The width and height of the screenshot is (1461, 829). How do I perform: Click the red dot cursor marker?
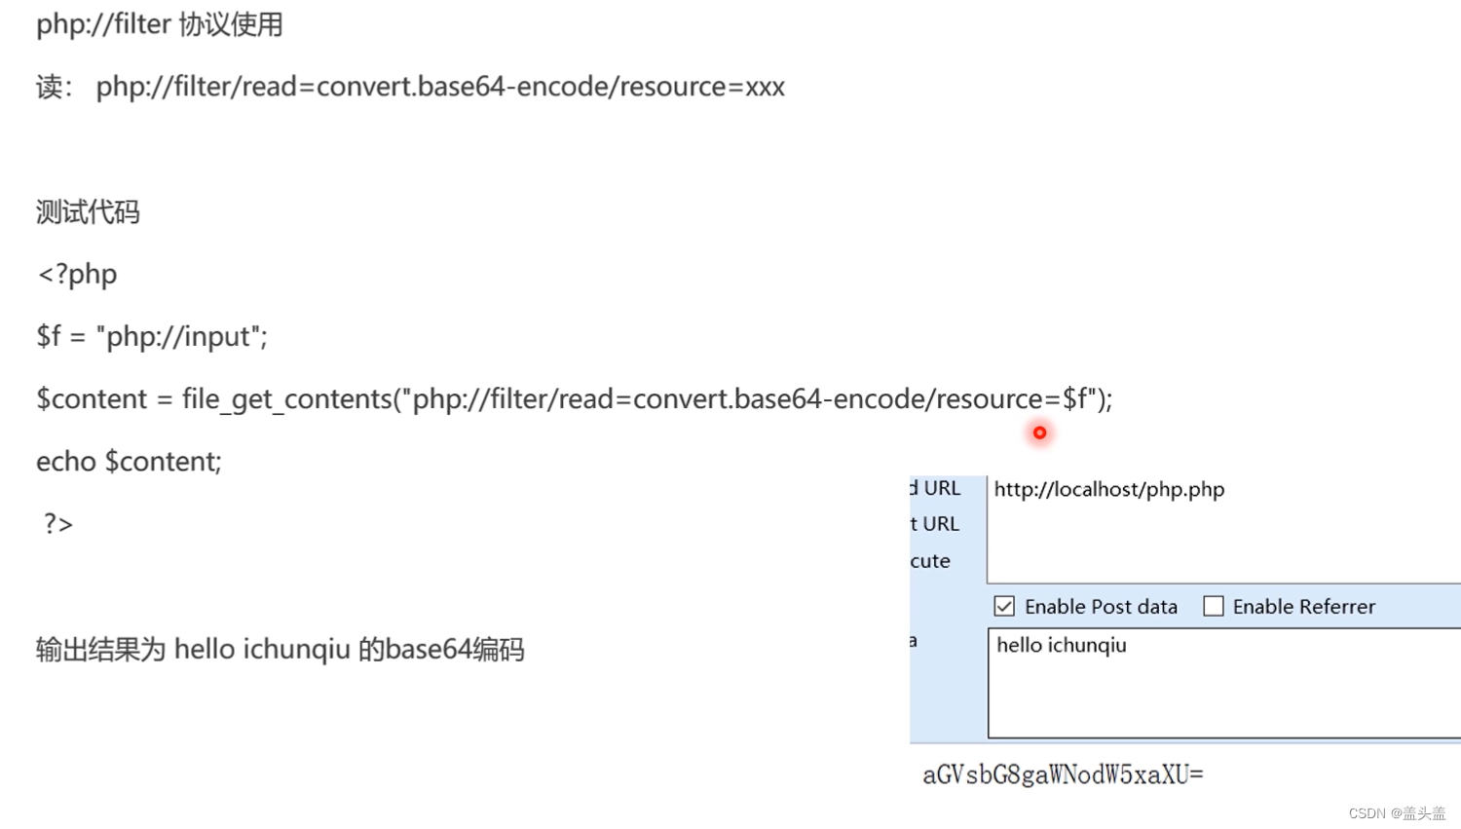click(1039, 433)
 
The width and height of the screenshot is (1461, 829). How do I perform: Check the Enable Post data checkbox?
click(1004, 607)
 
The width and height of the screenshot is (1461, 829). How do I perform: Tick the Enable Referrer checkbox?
click(1214, 607)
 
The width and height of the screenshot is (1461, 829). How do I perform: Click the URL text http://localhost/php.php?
click(1108, 489)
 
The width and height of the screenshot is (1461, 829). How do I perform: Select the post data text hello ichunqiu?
click(1061, 645)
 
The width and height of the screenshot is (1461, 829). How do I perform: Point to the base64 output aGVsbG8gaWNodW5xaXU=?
click(1063, 775)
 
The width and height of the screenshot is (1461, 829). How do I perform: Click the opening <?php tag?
click(77, 275)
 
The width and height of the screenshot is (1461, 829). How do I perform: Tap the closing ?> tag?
click(57, 524)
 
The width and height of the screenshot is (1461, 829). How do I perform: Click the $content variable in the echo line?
click(163, 462)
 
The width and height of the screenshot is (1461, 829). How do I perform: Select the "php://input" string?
click(181, 337)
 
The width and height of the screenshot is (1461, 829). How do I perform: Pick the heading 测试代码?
click(88, 212)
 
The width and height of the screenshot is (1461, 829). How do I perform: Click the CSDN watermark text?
click(1397, 813)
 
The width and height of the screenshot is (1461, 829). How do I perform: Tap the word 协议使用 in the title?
click(231, 24)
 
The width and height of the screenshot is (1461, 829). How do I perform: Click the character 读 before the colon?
click(49, 88)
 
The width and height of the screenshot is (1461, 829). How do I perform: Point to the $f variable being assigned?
click(48, 337)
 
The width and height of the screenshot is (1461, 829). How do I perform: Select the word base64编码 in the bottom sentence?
click(454, 650)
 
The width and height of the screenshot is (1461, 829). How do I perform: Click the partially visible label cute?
click(930, 561)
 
